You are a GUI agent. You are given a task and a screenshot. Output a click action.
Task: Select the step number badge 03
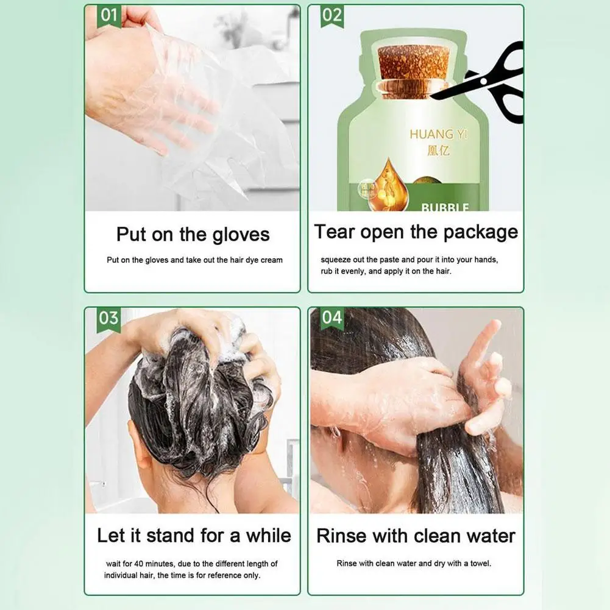pyautogui.click(x=109, y=319)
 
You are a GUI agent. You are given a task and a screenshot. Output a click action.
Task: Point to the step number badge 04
pyautogui.click(x=332, y=319)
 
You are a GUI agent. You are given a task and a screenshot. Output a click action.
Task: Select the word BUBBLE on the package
pyautogui.click(x=445, y=208)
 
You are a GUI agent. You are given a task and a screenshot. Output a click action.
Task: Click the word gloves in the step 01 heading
pyautogui.click(x=241, y=235)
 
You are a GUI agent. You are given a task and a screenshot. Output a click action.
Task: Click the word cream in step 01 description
pyautogui.click(x=271, y=260)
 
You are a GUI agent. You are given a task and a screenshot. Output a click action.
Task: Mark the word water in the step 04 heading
pyautogui.click(x=486, y=536)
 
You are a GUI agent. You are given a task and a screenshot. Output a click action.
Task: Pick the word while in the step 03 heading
pyautogui.click(x=268, y=536)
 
